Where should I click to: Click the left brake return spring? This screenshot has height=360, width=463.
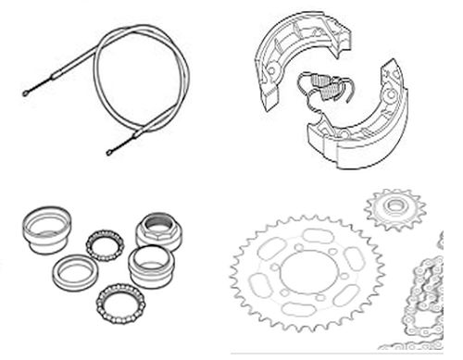coord(310,87)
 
